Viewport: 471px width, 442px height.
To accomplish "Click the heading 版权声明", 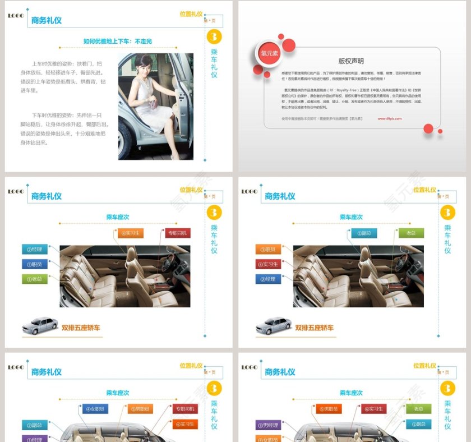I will click(351, 61).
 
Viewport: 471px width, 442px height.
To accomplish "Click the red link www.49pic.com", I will click(389, 118).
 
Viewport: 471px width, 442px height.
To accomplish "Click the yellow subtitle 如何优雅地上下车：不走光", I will click(118, 41).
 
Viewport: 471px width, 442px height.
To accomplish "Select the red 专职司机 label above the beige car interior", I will click(178, 233).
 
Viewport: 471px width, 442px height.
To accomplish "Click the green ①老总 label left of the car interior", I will click(35, 279).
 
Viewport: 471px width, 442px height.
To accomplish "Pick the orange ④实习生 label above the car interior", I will click(131, 233).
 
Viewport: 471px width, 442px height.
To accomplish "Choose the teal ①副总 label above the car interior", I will click(364, 233).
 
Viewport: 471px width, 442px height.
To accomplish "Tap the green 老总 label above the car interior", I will click(410, 233).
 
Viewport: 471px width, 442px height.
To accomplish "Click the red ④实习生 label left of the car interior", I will click(268, 264).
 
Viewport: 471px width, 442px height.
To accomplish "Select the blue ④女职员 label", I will click(95, 409).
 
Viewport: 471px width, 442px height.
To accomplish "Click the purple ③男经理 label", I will click(268, 425).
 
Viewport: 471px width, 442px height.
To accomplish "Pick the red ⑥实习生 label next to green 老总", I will click(373, 409).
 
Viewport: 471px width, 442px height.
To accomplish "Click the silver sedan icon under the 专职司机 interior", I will click(40, 326).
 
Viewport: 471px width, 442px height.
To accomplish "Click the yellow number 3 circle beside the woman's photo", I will click(214, 37).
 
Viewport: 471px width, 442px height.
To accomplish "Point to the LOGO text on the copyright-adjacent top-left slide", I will click(16, 16).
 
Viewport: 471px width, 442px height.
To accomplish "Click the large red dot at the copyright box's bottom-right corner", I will click(428, 128).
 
